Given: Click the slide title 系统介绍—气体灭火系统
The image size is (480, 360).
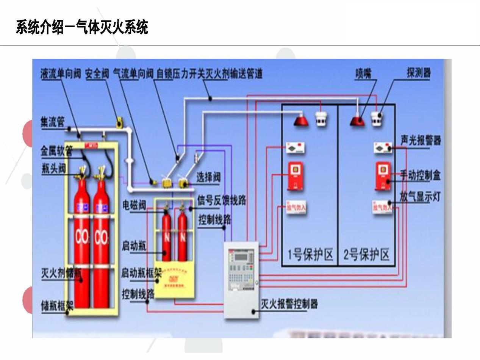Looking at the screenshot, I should coord(82,28).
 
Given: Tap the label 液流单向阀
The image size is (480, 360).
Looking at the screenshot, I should coord(61,74).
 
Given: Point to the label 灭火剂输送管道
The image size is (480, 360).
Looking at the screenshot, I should coord(234,74).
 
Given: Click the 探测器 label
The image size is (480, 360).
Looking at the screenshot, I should coord(419,73).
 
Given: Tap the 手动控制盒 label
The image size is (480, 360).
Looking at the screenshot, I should coord(421,175).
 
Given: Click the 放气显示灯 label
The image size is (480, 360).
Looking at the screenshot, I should coord(420,196).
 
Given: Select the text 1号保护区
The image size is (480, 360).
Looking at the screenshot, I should coord(310,255).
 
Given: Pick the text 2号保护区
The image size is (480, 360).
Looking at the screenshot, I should coord(366,255).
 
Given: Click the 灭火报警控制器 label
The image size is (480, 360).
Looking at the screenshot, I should coord(289,304).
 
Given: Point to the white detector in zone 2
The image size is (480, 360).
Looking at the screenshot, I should coord(376,119).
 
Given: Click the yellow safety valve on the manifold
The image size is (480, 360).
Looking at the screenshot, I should coord(119,121).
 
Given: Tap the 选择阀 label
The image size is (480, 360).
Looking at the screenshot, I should coord(208,177).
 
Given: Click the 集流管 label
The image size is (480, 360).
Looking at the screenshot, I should coord(52,122).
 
